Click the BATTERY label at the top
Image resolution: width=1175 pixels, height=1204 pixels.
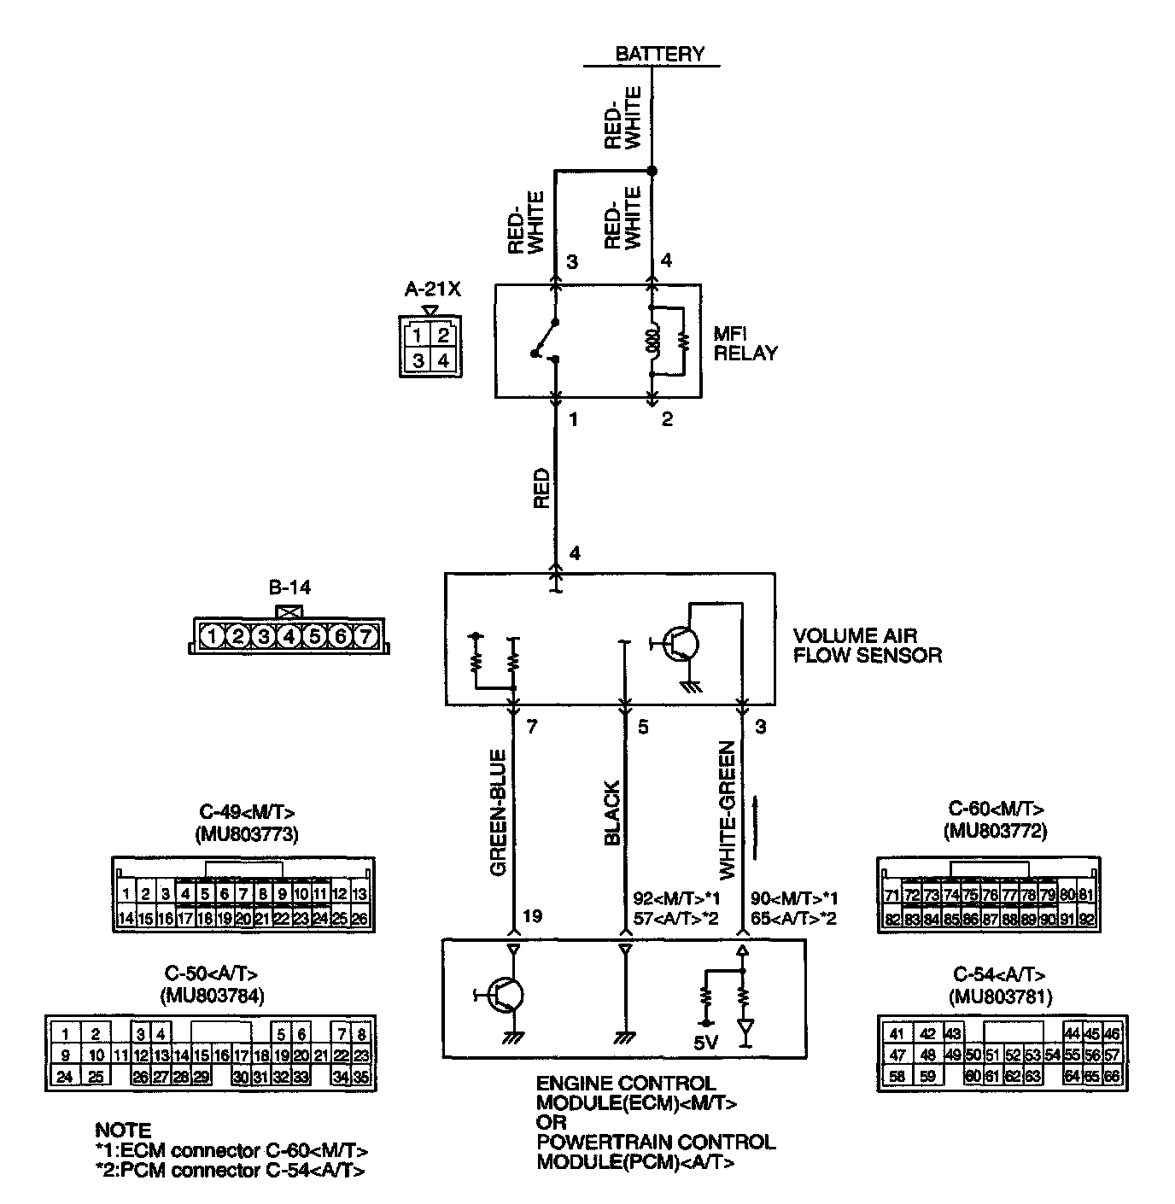tap(659, 54)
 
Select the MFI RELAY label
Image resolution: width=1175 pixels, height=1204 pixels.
tap(745, 344)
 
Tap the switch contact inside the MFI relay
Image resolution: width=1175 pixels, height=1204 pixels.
tap(545, 341)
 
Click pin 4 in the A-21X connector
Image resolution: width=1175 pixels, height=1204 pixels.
tap(442, 360)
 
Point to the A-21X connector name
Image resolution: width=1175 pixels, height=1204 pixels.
tap(432, 289)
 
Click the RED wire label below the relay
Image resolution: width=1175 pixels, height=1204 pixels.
tap(541, 488)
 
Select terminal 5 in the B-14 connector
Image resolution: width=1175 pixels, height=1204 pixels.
tap(314, 636)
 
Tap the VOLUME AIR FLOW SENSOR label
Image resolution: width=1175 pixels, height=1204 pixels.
tap(866, 646)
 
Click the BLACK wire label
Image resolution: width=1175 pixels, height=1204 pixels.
tap(611, 814)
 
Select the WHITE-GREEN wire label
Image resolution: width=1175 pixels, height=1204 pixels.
tap(728, 809)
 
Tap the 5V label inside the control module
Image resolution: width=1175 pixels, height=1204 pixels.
tap(706, 1043)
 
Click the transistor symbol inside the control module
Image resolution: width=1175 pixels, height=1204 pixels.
tap(505, 995)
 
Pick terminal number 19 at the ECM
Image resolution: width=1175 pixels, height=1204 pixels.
tap(532, 917)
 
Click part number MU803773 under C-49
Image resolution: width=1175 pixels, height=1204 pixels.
tap(246, 834)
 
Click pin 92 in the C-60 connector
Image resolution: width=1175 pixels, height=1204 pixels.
tap(1086, 920)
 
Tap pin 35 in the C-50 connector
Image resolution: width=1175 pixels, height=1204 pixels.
tap(362, 1078)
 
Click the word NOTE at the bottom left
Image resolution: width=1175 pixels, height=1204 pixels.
tap(123, 1131)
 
